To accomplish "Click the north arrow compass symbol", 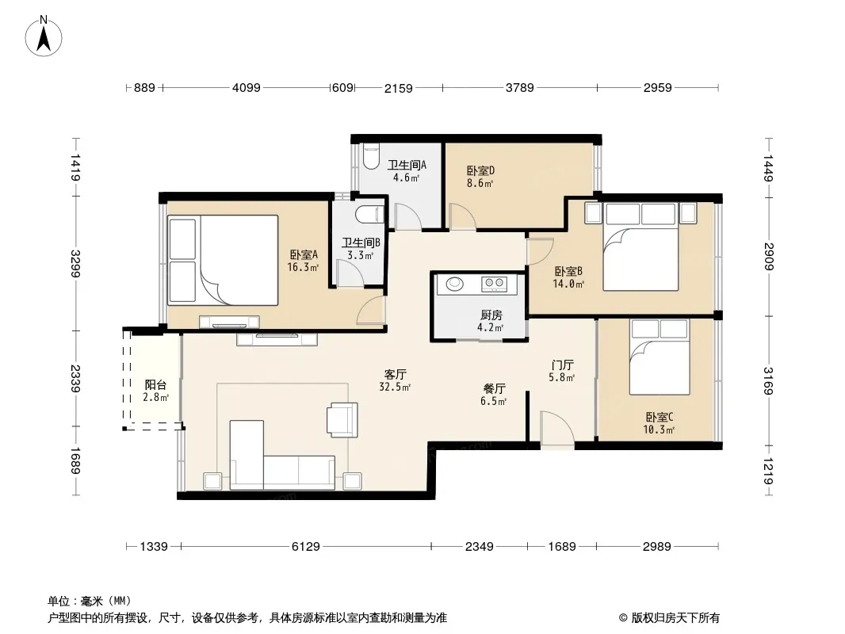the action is tap(44, 36).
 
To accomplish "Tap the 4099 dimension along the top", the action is tap(247, 87).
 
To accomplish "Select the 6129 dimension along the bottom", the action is tap(305, 547).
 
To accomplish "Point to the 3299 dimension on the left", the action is tap(75, 264).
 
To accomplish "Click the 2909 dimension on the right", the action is tap(769, 257).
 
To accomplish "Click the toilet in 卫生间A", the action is tap(371, 156).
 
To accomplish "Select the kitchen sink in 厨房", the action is tap(454, 284).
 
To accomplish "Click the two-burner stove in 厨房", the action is tap(494, 284).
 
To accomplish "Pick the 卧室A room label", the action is tap(304, 254).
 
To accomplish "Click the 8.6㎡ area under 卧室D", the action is tap(480, 183).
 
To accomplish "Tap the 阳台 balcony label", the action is tap(155, 384).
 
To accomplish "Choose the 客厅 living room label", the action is tap(395, 374).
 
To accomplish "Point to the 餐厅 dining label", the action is tap(494, 389).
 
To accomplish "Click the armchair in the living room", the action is tap(342, 419).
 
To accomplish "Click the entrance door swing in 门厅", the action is tap(557, 429).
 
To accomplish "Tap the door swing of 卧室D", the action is tap(462, 216).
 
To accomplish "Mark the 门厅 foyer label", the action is tap(562, 365).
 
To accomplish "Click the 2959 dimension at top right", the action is tap(657, 87).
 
